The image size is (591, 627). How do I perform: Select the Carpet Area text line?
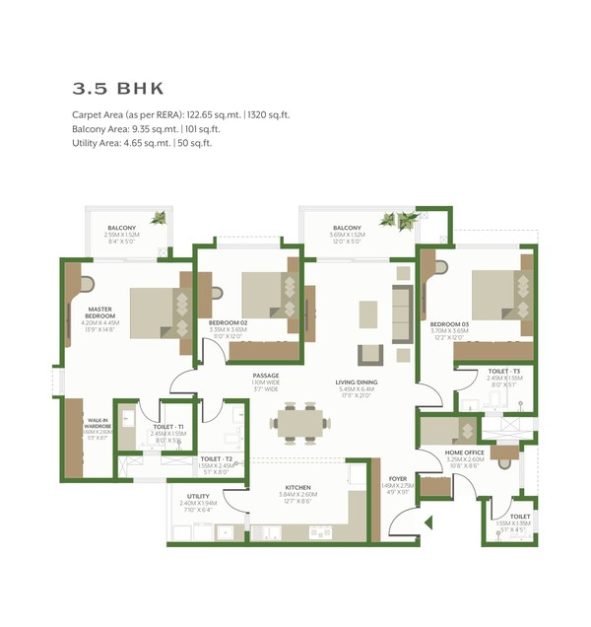tap(180, 115)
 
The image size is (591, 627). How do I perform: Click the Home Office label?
tap(465, 453)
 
